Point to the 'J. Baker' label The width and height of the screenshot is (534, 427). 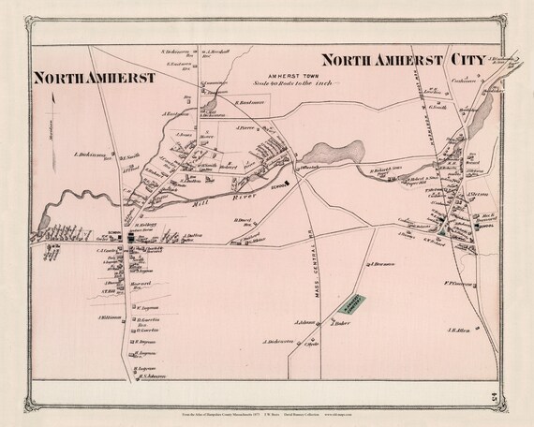coord(339,326)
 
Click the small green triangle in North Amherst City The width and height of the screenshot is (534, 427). coord(440,228)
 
